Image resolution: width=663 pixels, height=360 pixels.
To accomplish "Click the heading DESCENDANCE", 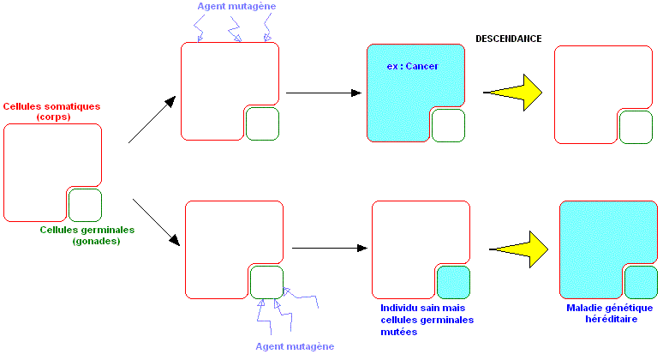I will click(509, 39).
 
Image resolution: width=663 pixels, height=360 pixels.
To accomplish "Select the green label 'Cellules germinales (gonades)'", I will click(87, 235).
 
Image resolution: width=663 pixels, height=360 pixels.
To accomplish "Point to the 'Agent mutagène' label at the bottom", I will click(295, 346).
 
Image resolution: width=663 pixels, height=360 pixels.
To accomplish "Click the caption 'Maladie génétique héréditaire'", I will click(609, 313).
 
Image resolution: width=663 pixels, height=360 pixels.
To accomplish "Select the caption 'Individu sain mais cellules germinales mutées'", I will click(427, 319).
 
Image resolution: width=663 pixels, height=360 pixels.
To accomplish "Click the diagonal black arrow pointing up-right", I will click(152, 118).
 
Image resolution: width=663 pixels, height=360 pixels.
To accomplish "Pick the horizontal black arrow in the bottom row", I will click(329, 249).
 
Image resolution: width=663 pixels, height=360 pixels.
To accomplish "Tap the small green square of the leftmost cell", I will click(85, 206).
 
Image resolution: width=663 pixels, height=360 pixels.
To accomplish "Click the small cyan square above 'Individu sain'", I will click(453, 282).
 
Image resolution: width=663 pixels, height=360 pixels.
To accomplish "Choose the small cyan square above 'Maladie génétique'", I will click(641, 282).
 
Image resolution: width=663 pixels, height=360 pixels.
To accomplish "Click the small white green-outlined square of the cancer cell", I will click(448, 125).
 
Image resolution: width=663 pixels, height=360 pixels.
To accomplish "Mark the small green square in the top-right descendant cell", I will click(636, 127).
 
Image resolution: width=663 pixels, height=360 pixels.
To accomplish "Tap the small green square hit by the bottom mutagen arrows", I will click(266, 281).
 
